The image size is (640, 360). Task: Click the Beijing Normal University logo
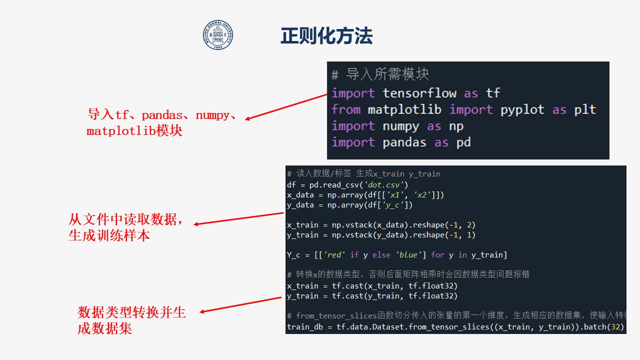[x=218, y=35]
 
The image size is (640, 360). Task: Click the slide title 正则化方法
[x=326, y=36]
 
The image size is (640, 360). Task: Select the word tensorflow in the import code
[x=419, y=93]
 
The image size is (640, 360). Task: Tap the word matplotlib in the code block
[x=404, y=109]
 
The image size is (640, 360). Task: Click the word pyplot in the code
[x=522, y=110]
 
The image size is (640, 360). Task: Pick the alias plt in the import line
[x=585, y=110]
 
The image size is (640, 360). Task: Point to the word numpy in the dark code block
[x=401, y=126]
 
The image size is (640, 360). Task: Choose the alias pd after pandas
[x=463, y=142]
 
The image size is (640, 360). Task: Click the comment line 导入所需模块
[x=380, y=74]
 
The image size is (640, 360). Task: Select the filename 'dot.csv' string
[x=383, y=185]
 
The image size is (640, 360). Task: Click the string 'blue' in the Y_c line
[x=408, y=254]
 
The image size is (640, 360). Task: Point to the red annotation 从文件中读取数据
[x=125, y=219]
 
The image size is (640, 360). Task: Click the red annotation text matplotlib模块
[x=134, y=131]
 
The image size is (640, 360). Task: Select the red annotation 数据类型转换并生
[x=131, y=312]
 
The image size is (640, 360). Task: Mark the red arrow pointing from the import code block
[x=286, y=107]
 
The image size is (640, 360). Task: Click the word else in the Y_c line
[x=381, y=254]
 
